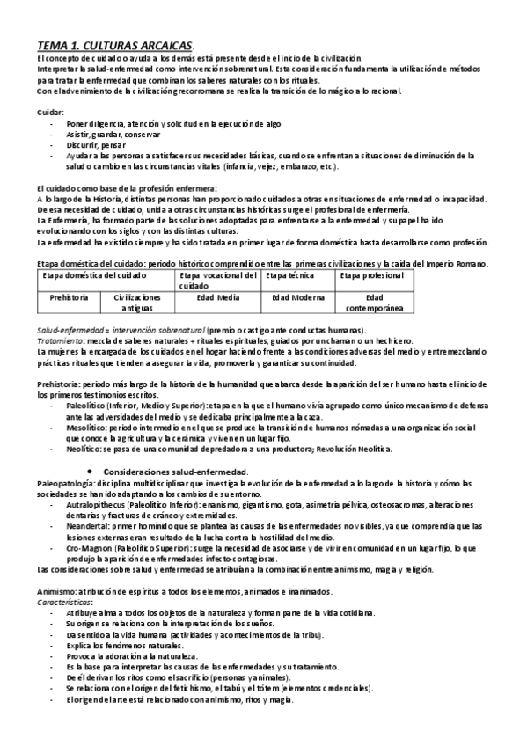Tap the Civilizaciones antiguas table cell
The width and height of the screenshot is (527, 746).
click(x=137, y=303)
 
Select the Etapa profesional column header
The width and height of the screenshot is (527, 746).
click(x=372, y=275)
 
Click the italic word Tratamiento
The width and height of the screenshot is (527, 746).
click(x=62, y=340)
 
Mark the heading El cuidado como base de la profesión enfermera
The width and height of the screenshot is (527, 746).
click(x=127, y=188)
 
